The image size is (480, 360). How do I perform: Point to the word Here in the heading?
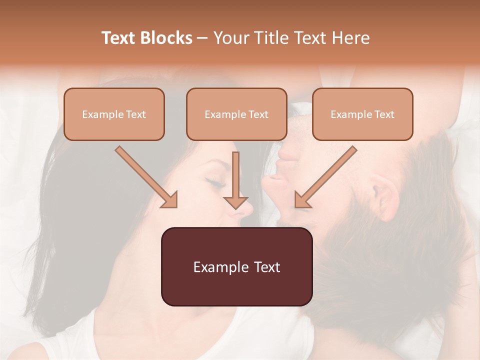coord(350,38)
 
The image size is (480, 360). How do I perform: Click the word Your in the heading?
coord(231,38)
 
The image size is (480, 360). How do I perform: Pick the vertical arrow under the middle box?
coord(235,180)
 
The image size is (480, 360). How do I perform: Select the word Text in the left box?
coord(136,114)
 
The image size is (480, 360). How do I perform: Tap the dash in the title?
coord(202,38)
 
